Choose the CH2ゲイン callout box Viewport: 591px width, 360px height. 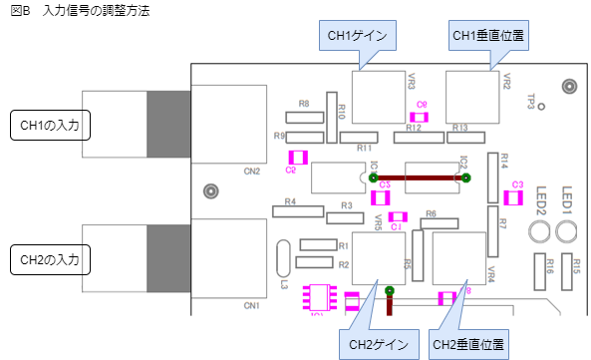point(378,345)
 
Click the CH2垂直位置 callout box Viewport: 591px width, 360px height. point(467,345)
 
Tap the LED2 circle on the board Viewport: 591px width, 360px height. point(539,233)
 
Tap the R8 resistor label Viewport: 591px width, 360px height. point(304,104)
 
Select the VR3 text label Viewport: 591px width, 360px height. point(411,82)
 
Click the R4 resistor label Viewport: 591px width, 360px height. point(290,201)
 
